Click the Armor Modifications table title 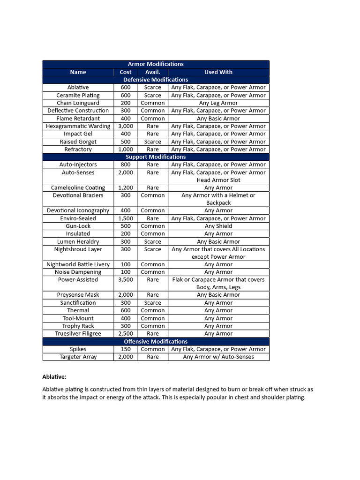click(x=156, y=64)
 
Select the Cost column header click(x=126, y=72)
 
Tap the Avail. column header click(x=153, y=72)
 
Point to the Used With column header click(x=218, y=72)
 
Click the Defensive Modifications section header click(x=156, y=80)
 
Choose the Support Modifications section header click(x=156, y=157)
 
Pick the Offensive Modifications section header click(x=156, y=342)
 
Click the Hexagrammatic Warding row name click(x=78, y=126)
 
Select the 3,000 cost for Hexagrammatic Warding click(x=126, y=126)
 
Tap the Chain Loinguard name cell click(x=78, y=103)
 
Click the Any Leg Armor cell click(x=218, y=103)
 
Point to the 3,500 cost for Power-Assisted click(x=126, y=280)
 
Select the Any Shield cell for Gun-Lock click(x=218, y=226)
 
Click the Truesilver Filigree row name click(x=78, y=334)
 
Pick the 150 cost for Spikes click(x=126, y=349)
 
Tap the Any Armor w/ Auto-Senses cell click(x=218, y=357)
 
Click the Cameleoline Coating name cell click(x=78, y=187)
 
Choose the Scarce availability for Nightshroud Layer click(x=153, y=249)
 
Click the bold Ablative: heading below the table click(x=54, y=376)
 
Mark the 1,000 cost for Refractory click(x=126, y=149)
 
